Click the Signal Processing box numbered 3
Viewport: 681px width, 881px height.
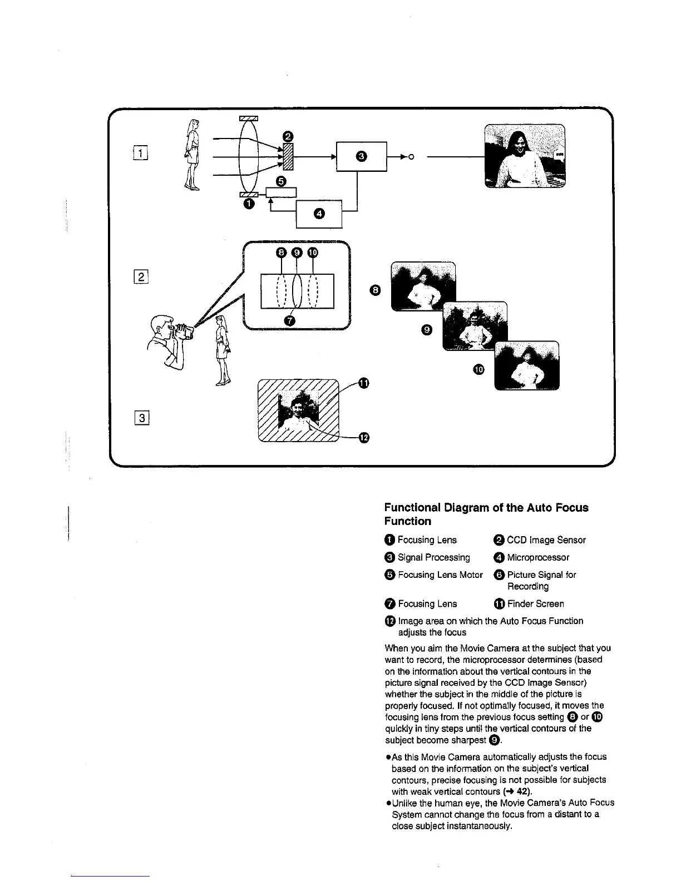click(x=361, y=157)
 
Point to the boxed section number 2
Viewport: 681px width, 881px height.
click(x=141, y=277)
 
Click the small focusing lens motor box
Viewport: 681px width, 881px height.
click(x=282, y=192)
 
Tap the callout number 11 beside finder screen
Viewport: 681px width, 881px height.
click(x=363, y=383)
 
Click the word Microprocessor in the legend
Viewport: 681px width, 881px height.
click(x=538, y=557)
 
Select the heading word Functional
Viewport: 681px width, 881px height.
click(x=412, y=508)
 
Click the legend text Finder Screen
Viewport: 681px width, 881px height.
click(x=535, y=604)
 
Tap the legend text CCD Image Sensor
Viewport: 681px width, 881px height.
click(x=546, y=540)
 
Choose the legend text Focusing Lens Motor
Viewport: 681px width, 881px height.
click(x=440, y=575)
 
